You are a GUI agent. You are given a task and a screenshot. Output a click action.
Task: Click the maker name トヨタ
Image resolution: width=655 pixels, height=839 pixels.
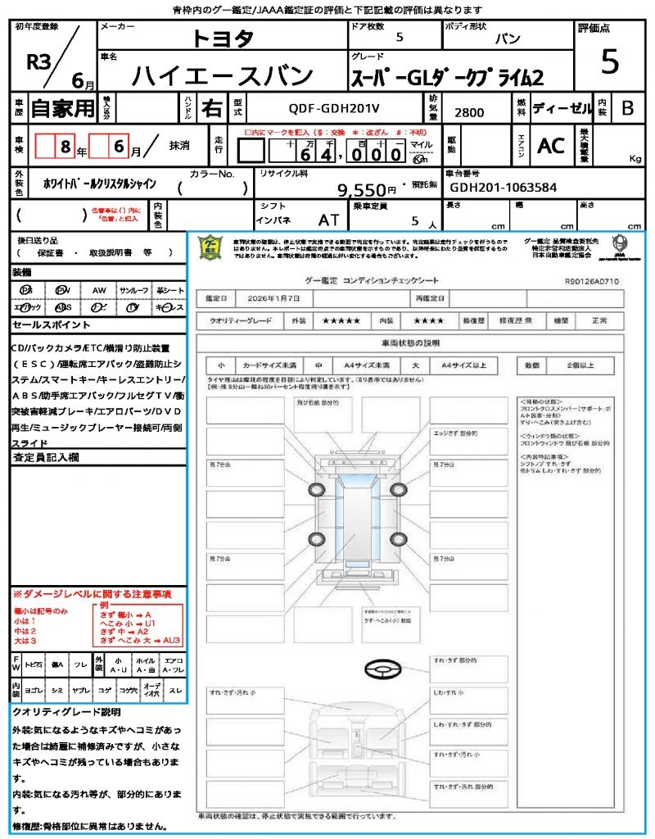point(223,39)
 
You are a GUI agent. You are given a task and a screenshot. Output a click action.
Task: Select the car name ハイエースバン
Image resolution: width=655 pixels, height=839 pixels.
point(223,75)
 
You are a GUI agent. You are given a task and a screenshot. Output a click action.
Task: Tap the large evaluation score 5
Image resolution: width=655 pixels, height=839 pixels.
point(609,61)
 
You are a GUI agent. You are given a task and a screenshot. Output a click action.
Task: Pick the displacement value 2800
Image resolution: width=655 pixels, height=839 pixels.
point(469,112)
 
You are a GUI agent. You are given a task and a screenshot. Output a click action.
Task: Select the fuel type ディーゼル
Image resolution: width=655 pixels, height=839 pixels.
point(562,108)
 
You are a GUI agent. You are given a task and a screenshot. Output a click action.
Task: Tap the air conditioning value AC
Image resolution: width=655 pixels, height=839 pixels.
point(550,146)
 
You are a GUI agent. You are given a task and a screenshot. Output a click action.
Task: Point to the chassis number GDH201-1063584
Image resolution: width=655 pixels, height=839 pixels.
point(504,187)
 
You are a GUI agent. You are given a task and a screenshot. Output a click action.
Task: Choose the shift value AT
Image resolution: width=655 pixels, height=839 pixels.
point(328,220)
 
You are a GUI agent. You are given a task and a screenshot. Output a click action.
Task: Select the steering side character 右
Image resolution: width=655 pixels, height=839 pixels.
point(212,108)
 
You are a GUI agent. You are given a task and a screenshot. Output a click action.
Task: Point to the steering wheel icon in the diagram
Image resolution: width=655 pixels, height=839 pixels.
point(382,670)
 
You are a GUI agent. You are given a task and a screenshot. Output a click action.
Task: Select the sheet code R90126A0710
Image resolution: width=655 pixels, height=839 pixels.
point(592,281)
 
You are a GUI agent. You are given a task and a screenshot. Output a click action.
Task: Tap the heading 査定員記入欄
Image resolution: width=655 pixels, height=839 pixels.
point(44,456)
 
